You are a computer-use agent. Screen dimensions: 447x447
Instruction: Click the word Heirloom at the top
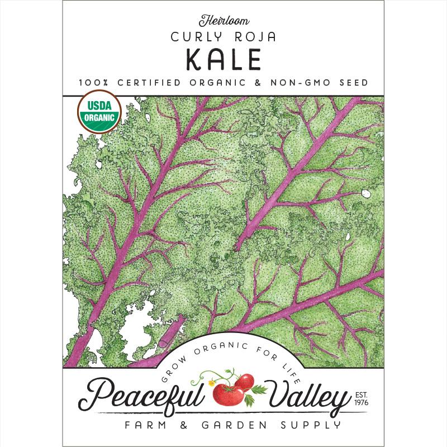(x=223, y=22)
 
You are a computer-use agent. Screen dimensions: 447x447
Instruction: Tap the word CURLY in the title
(x=194, y=39)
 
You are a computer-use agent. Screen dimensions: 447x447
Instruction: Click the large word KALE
(x=223, y=61)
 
